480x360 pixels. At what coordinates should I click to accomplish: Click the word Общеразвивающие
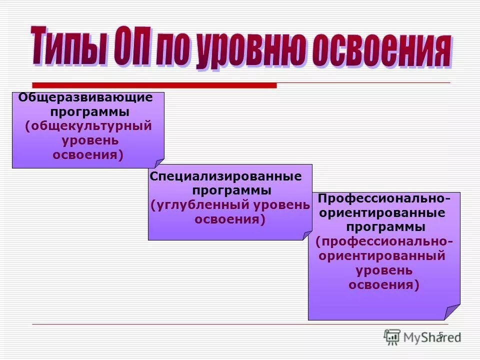(x=85, y=97)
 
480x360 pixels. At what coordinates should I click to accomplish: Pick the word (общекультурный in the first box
(x=88, y=125)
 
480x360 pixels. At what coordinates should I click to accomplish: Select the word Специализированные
(x=226, y=176)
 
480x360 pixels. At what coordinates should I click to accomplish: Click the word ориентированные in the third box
(x=382, y=213)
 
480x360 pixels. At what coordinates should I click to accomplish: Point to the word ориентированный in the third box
(x=382, y=256)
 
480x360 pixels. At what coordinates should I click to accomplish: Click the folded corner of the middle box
(x=307, y=235)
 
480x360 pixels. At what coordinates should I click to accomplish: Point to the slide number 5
(x=440, y=334)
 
